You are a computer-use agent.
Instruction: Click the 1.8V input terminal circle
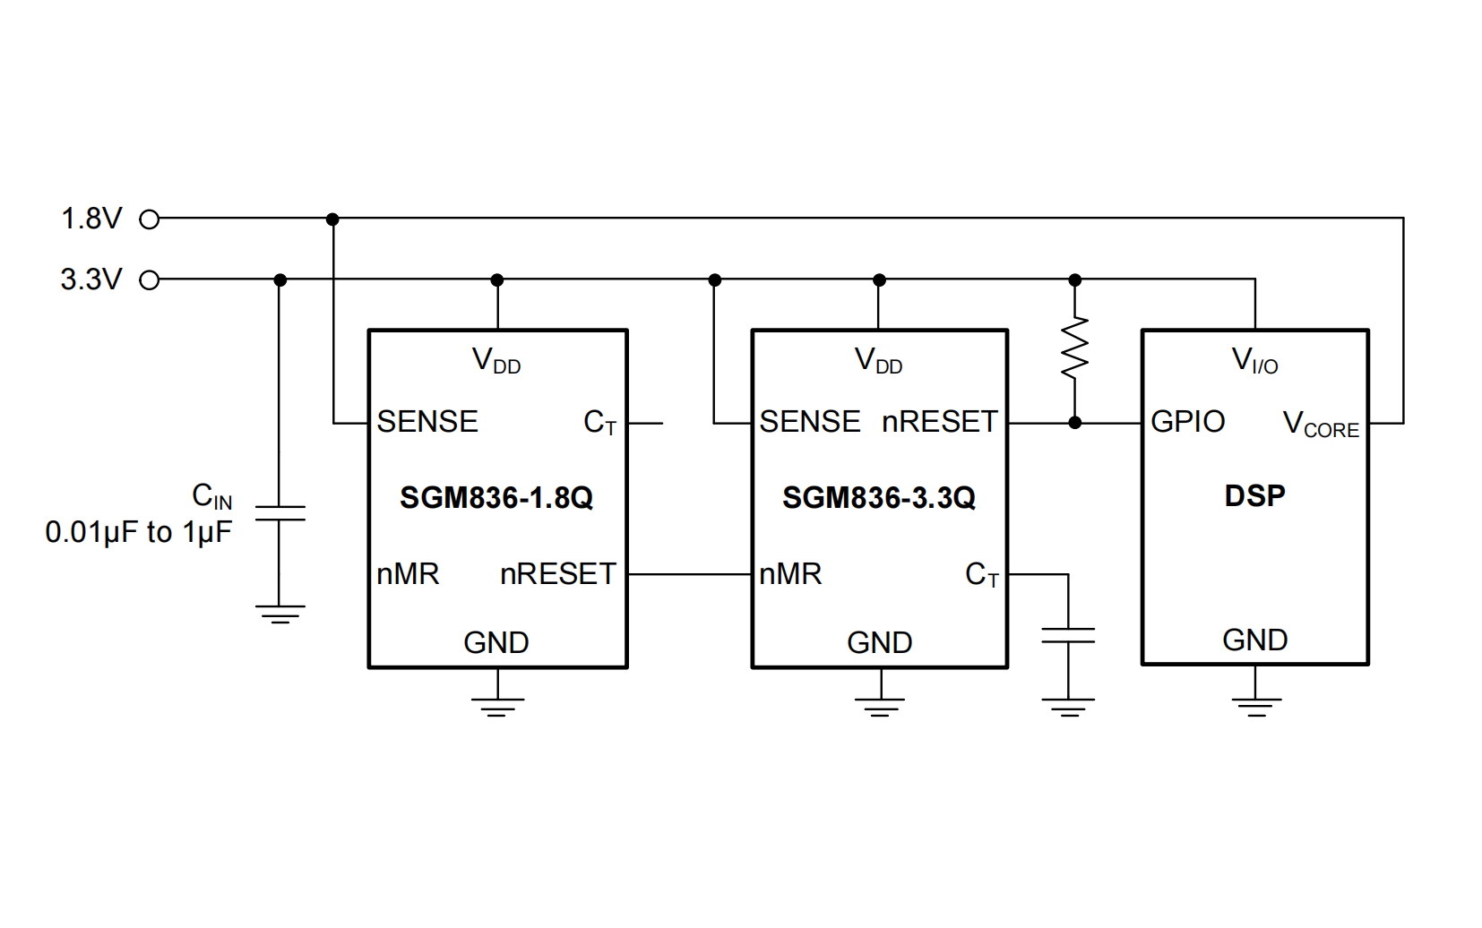coord(150,219)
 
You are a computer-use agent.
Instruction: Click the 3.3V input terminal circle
coord(150,280)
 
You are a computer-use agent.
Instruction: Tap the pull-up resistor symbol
coord(1074,348)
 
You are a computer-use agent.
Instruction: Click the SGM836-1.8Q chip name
coord(496,498)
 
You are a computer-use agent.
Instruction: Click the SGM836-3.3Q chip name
coord(878,498)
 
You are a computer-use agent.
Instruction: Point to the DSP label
coord(1254,495)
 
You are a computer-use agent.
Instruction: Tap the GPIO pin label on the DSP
coord(1187,421)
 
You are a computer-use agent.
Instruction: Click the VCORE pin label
coord(1321,424)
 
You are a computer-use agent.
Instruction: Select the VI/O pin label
coord(1254,360)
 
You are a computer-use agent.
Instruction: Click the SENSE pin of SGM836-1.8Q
coord(427,421)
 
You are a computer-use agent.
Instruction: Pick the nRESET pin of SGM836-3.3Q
coord(939,421)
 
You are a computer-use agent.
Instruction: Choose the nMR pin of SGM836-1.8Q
coord(408,573)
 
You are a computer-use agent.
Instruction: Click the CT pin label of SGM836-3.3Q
coord(981,574)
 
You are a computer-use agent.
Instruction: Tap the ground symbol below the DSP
coord(1255,705)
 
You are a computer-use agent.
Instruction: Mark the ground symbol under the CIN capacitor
coord(280,614)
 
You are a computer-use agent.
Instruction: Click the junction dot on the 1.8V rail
coord(332,219)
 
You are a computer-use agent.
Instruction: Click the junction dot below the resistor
coord(1074,422)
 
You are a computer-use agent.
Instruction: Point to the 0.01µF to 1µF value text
coord(138,532)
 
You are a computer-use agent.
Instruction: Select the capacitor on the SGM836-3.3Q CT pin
coord(1068,636)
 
